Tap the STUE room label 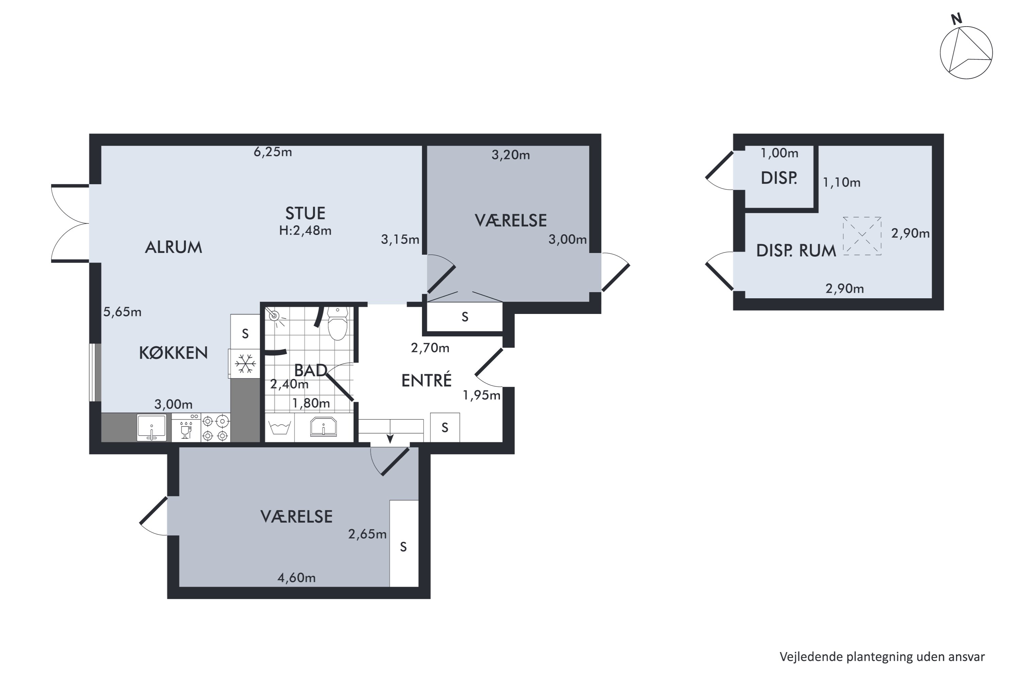[305, 213]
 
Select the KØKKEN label [173, 353]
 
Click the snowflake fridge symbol [245, 364]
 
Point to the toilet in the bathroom [337, 323]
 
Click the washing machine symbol [279, 427]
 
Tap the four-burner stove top [215, 427]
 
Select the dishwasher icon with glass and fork [186, 427]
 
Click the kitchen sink [151, 427]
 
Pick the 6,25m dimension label [273, 152]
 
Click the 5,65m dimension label [123, 312]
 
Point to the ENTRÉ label [426, 380]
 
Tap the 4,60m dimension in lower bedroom [296, 577]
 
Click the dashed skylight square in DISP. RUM [862, 236]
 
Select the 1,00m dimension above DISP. [780, 153]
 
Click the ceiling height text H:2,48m [305, 231]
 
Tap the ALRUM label [173, 248]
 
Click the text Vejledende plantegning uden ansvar [882, 657]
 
